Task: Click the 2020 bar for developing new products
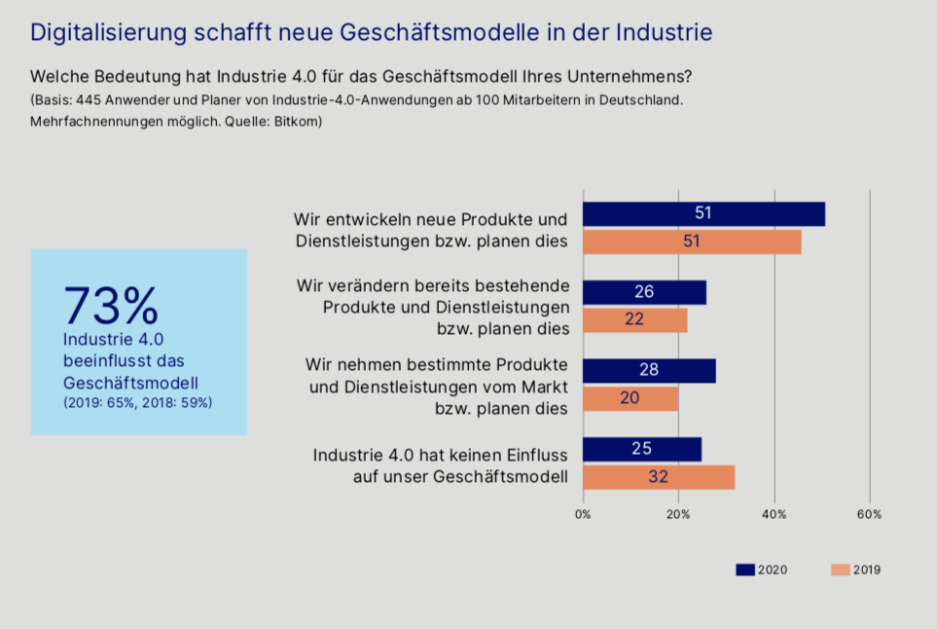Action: (703, 214)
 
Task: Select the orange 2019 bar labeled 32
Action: (659, 478)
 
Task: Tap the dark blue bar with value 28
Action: (649, 371)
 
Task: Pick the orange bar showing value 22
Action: (634, 320)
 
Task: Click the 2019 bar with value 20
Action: (631, 399)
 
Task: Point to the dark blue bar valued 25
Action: (641, 450)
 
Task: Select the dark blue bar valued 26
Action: (644, 292)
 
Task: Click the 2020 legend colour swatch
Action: (745, 570)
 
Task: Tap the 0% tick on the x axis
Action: (583, 514)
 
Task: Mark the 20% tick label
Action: (678, 514)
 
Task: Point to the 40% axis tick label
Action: (774, 514)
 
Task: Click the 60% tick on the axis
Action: (869, 514)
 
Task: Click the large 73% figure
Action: (111, 306)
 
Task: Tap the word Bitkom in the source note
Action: (299, 122)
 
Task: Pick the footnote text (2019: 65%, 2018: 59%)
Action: (137, 402)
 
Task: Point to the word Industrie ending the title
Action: (666, 32)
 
